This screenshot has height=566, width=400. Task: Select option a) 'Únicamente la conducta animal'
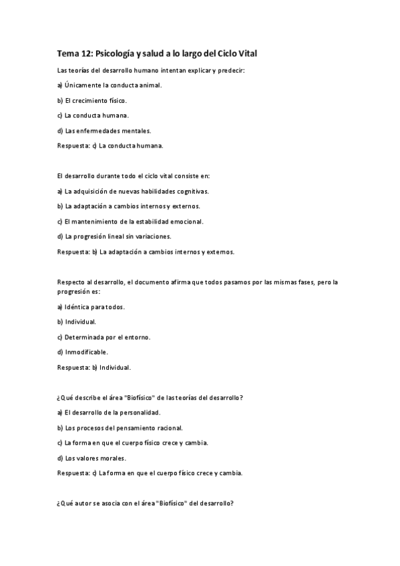point(110,85)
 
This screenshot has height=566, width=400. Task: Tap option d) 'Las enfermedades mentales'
point(104,130)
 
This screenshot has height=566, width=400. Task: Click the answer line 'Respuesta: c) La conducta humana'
point(111,145)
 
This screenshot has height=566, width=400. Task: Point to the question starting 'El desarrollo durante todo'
point(134,176)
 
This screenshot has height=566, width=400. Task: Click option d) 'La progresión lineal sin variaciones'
point(114,236)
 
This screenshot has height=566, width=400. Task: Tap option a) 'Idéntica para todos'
point(91,307)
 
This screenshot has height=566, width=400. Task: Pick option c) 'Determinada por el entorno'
point(104,337)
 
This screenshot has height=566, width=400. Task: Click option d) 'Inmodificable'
point(83,352)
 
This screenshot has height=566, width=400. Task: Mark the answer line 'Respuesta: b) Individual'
point(94,367)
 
